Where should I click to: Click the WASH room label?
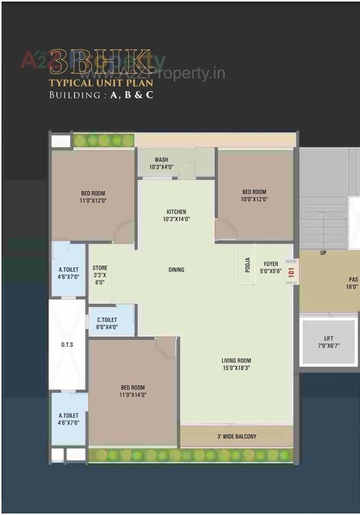click(161, 160)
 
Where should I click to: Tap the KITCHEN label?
click(176, 212)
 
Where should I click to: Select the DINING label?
click(176, 270)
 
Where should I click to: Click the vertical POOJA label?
click(247, 266)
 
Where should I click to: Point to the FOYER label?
click(271, 264)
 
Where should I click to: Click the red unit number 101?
click(291, 271)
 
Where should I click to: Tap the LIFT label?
click(329, 339)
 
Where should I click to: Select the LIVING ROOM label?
click(236, 361)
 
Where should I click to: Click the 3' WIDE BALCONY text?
click(237, 436)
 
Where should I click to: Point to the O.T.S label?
click(67, 345)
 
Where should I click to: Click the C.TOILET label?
click(106, 320)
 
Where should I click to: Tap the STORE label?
click(100, 268)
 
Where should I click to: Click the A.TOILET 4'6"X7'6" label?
click(68, 416)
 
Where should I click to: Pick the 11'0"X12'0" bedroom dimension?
click(93, 200)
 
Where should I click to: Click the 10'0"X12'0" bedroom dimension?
click(254, 199)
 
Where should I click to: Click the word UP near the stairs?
click(323, 252)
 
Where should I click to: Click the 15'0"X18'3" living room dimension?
click(236, 368)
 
